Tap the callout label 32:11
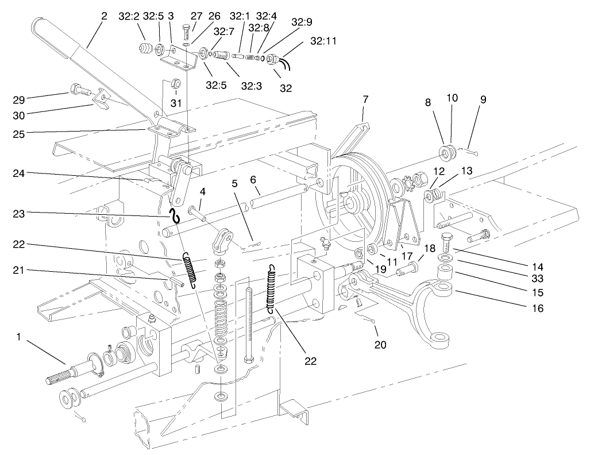pyautogui.click(x=324, y=41)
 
